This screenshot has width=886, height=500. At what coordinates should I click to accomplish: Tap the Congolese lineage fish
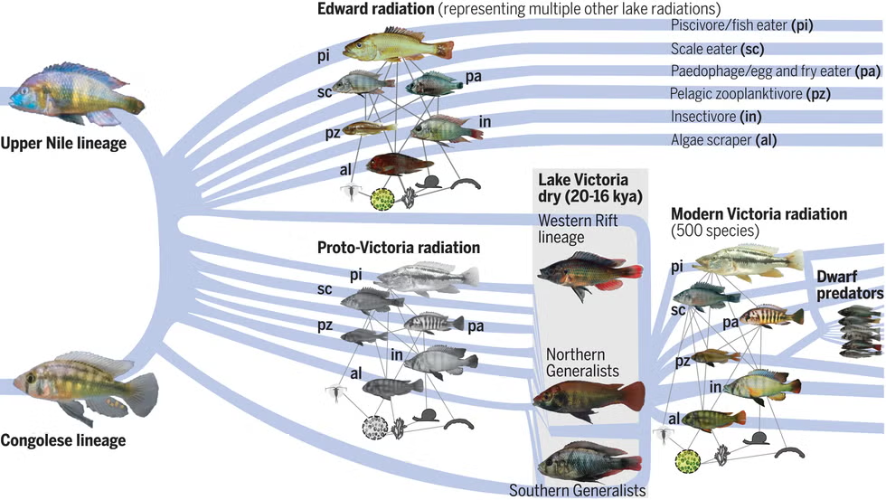(x=86, y=383)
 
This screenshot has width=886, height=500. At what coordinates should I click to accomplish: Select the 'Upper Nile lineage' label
(x=62, y=143)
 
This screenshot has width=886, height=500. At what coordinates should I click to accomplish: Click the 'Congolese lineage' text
(x=62, y=441)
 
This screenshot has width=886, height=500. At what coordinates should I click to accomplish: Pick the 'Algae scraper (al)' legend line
(x=723, y=139)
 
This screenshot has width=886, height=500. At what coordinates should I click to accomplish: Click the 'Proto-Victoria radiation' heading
(x=398, y=247)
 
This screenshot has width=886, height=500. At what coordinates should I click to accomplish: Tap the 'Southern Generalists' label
(x=577, y=491)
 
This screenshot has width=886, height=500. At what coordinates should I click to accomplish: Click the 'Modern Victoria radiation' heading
(x=759, y=214)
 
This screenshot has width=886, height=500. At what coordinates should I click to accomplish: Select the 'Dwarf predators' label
(x=849, y=285)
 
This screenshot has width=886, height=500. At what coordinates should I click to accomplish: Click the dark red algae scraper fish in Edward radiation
(x=399, y=164)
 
